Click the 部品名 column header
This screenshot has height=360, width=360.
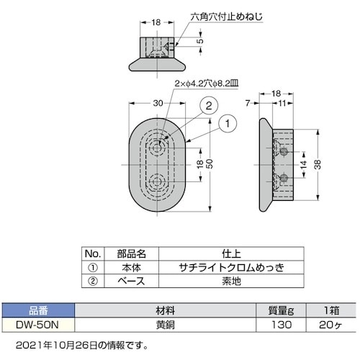pyautogui.click(x=131, y=253)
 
